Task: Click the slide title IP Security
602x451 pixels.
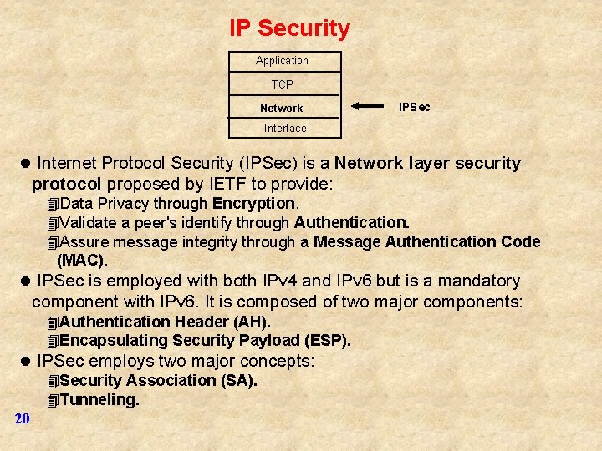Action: (x=289, y=28)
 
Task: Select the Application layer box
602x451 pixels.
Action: (x=282, y=61)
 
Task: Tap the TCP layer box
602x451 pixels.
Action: (x=282, y=84)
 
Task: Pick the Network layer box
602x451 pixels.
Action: (x=282, y=108)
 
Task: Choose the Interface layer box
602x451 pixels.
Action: (x=285, y=128)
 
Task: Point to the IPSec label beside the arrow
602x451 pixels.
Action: (x=415, y=107)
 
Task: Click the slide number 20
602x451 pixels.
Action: (x=22, y=418)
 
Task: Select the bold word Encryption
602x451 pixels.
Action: (x=253, y=204)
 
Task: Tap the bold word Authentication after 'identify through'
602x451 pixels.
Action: (x=351, y=223)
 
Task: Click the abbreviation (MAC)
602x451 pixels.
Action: (x=81, y=261)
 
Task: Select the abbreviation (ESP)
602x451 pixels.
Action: (x=327, y=341)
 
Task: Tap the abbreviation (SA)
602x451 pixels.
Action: (x=238, y=381)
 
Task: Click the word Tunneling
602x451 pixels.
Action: (x=99, y=400)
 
